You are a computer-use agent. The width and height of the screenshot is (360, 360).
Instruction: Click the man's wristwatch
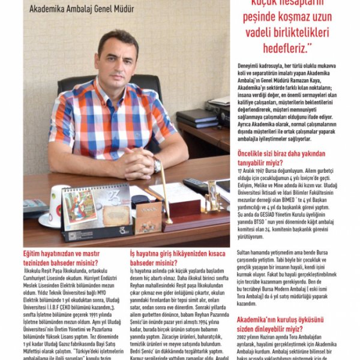[x=157, y=165]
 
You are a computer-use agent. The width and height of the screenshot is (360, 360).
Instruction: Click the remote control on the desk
[x=196, y=187]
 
